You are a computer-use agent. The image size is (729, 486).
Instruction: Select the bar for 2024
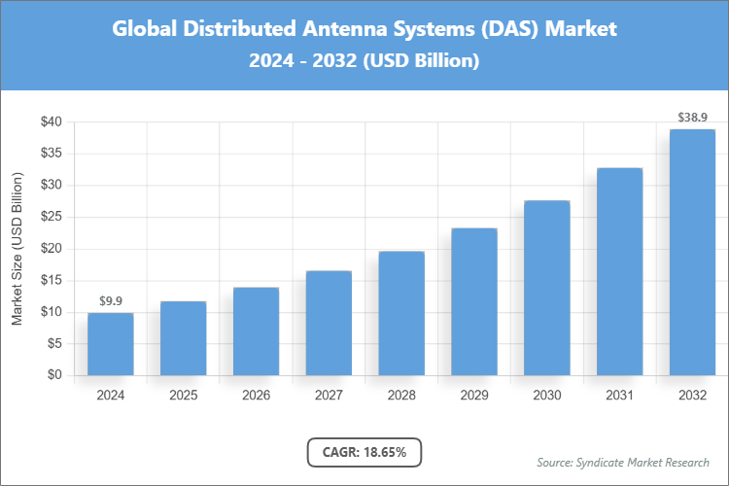click(110, 344)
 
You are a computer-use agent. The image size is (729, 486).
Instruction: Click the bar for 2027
click(329, 323)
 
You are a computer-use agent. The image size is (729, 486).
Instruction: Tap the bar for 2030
click(547, 288)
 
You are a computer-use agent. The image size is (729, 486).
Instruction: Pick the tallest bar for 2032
click(692, 252)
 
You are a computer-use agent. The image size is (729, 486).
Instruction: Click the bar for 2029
click(474, 301)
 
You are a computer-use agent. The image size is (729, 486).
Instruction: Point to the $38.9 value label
click(692, 117)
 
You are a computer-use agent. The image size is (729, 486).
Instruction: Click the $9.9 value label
click(110, 300)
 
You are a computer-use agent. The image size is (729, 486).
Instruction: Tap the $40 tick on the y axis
click(52, 122)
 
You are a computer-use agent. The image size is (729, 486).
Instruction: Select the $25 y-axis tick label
click(52, 217)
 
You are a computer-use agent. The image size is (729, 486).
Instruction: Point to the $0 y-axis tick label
click(55, 375)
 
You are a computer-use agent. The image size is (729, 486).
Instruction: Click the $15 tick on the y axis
click(52, 280)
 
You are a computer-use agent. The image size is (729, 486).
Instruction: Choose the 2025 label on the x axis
click(183, 396)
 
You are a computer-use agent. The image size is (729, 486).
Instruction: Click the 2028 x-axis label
click(401, 396)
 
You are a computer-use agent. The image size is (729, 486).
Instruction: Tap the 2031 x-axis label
click(619, 396)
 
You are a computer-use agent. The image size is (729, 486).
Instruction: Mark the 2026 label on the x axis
click(256, 396)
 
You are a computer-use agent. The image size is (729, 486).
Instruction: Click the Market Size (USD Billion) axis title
click(17, 249)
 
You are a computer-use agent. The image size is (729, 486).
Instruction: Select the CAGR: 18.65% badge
click(364, 452)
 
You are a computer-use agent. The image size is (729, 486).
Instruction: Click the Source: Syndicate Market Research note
click(622, 462)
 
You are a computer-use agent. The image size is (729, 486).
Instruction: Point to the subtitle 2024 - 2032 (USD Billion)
click(364, 60)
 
